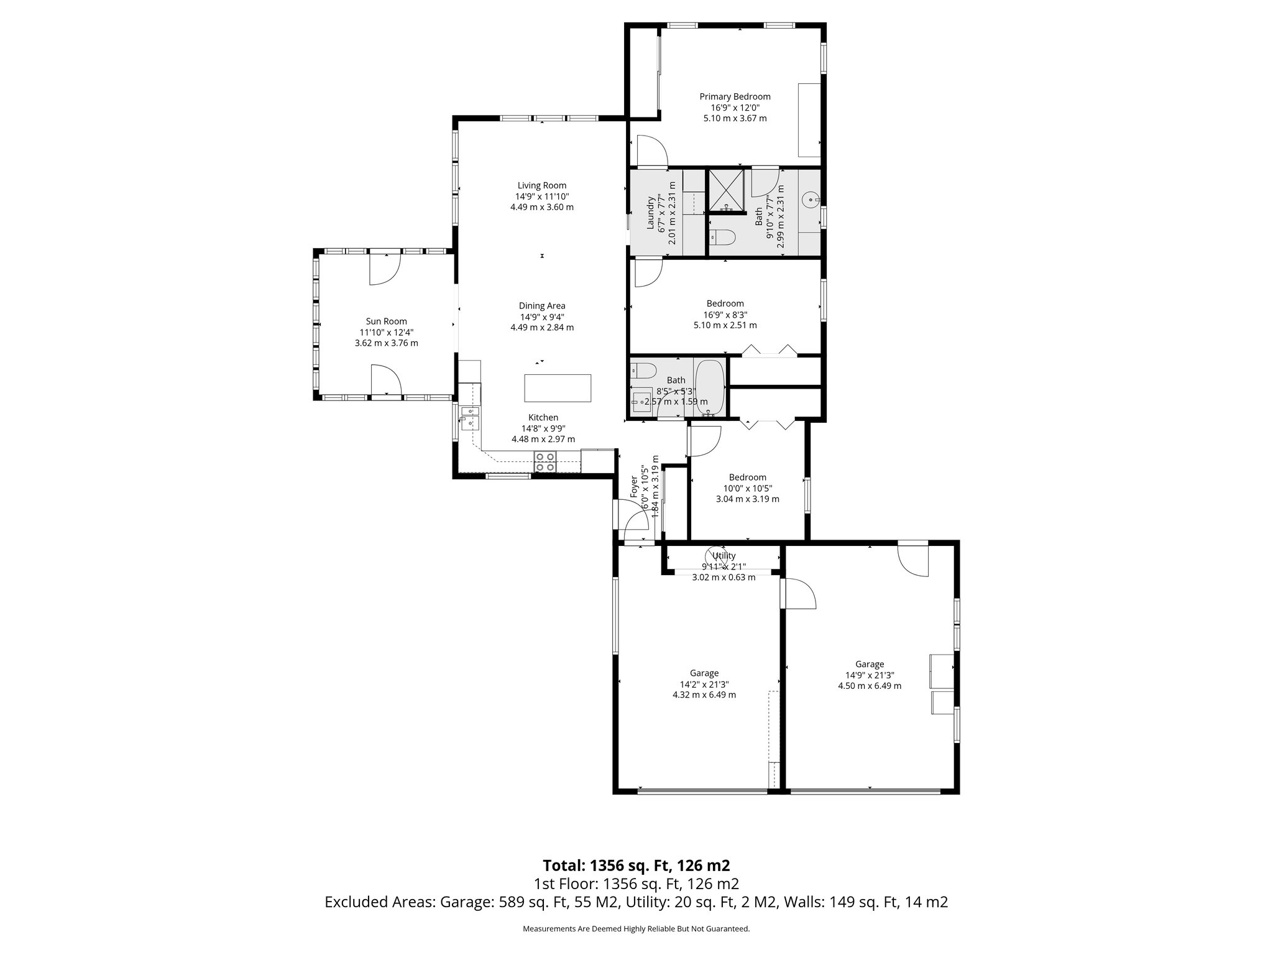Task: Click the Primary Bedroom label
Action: pyautogui.click(x=735, y=97)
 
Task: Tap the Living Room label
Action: pyautogui.click(x=542, y=185)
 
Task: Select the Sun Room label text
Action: pyautogui.click(x=386, y=321)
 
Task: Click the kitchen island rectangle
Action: pyautogui.click(x=558, y=389)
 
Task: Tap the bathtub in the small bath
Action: pyautogui.click(x=709, y=387)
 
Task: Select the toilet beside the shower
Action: pyautogui.click(x=722, y=237)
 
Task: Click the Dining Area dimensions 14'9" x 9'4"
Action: pyautogui.click(x=542, y=316)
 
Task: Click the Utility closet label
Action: pyautogui.click(x=724, y=556)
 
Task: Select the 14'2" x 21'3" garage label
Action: pyautogui.click(x=704, y=684)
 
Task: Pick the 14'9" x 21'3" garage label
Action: pyautogui.click(x=869, y=675)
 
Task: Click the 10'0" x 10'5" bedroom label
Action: pyautogui.click(x=747, y=488)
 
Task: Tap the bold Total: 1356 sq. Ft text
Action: pyautogui.click(x=636, y=865)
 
